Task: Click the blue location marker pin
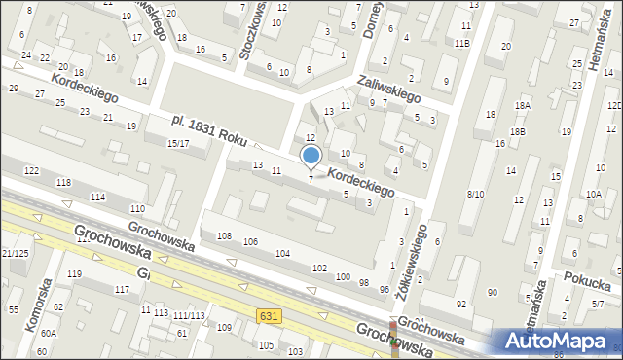(x=311, y=157)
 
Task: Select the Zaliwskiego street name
(x=388, y=90)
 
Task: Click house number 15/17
(x=178, y=143)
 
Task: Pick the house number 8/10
(x=475, y=194)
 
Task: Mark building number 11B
(x=462, y=44)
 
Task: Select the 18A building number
(x=523, y=105)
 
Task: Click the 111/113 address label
(x=188, y=316)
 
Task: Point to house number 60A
(x=49, y=334)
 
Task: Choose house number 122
(x=31, y=171)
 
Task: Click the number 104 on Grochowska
(x=282, y=253)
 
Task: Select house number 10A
(x=593, y=195)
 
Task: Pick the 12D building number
(x=613, y=105)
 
